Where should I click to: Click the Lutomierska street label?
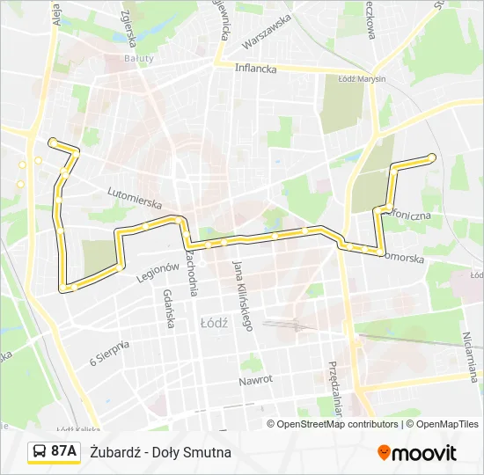pos(136,194)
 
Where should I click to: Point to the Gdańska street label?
pos(167,311)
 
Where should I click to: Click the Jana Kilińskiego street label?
pos(243,296)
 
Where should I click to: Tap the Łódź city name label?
pos(214,323)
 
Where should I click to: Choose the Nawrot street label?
pos(256,380)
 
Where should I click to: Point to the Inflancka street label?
pos(255,68)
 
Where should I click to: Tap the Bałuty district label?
pos(138,59)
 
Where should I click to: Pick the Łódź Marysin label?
pos(362,78)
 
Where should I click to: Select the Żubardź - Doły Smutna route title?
pos(160,452)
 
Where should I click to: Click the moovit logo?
pos(417,453)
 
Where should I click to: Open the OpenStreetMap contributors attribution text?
pos(333,424)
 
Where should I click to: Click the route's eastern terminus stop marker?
pos(431,157)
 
